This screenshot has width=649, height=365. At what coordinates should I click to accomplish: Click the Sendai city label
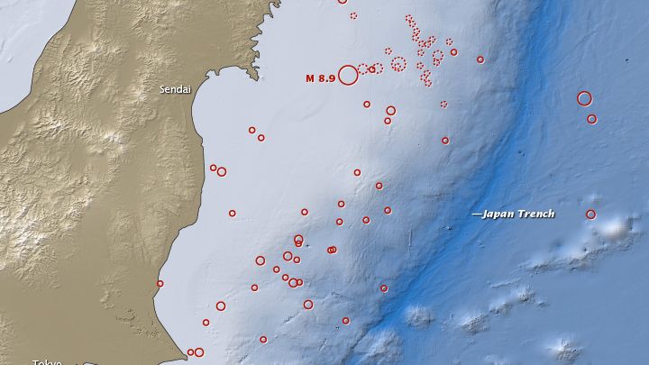[x=174, y=89]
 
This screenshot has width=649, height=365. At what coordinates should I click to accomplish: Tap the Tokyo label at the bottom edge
[x=47, y=361]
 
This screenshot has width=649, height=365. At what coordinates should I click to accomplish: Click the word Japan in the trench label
[x=497, y=214]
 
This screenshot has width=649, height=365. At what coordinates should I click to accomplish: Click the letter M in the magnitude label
[x=310, y=78]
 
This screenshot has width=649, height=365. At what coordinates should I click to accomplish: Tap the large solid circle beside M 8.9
[x=348, y=76]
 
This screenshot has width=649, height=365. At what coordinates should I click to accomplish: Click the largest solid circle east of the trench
[x=584, y=98]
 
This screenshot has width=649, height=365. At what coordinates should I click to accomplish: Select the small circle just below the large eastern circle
[x=591, y=119]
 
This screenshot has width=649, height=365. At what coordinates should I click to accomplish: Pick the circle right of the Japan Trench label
[x=590, y=214]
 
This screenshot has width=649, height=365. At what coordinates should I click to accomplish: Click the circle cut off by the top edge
[x=342, y=1]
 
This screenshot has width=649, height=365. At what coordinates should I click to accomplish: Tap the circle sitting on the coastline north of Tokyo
[x=160, y=284]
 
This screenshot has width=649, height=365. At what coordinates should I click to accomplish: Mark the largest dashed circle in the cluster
[x=398, y=64]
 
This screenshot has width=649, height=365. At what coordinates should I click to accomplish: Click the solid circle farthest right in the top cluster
[x=480, y=59]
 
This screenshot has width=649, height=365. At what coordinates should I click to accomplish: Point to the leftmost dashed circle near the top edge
[x=353, y=15]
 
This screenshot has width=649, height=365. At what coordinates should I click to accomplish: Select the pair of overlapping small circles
[x=332, y=250]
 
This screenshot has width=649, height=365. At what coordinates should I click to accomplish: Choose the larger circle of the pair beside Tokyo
[x=199, y=352]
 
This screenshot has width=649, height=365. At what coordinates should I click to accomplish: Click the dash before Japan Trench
[x=476, y=214]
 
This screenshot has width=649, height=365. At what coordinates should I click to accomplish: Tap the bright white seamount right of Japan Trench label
[x=617, y=229]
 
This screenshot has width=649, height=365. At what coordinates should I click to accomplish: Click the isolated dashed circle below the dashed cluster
[x=443, y=104]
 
